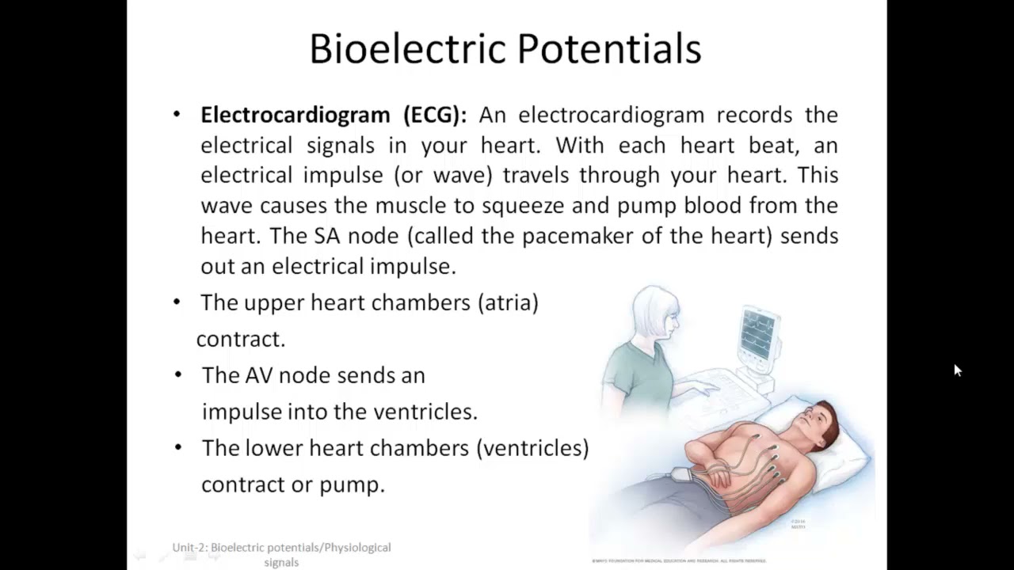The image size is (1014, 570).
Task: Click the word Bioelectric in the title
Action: pyautogui.click(x=407, y=49)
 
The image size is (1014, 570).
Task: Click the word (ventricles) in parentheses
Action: pyautogui.click(x=532, y=448)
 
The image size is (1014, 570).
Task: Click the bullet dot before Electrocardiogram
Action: pyautogui.click(x=177, y=115)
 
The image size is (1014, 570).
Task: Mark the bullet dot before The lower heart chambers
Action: pyautogui.click(x=178, y=447)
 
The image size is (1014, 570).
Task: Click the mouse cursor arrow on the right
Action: pyautogui.click(x=957, y=370)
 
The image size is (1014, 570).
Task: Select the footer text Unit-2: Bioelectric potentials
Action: pyautogui.click(x=281, y=548)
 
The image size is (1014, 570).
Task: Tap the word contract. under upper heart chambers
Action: pyautogui.click(x=241, y=340)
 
